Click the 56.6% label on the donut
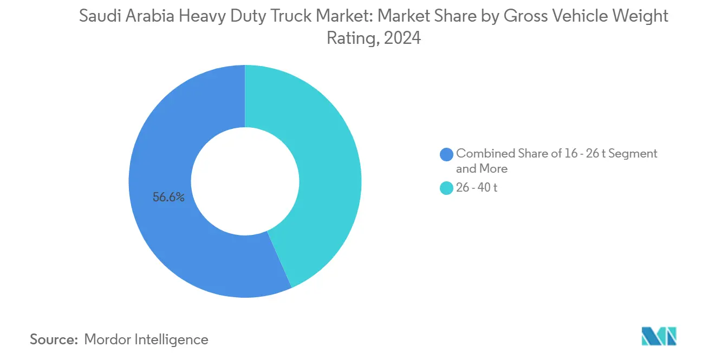pos(168,198)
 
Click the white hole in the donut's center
pos(245,181)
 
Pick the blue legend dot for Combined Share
pos(446,154)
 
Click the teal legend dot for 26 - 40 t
pos(446,189)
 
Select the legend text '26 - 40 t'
pos(476,189)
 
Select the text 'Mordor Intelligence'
pos(146,339)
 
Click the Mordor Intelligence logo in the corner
pos(659,336)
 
